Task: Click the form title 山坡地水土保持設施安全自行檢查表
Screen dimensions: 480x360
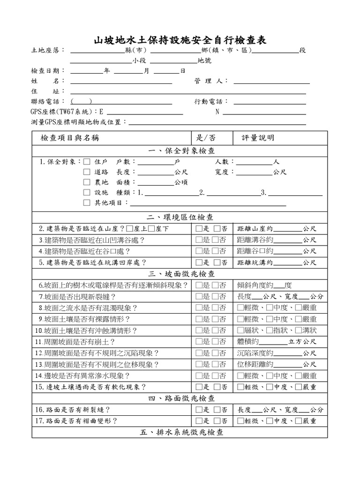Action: tap(180, 40)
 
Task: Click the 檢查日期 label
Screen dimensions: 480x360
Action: tap(45, 71)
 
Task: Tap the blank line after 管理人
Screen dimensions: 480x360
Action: tap(271, 82)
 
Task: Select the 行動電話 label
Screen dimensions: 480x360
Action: tap(210, 102)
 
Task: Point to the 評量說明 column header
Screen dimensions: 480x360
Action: tap(258, 138)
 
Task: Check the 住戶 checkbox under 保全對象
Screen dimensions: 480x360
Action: tap(86, 162)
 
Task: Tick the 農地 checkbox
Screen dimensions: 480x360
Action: tap(86, 182)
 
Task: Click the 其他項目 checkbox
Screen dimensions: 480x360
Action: tap(86, 203)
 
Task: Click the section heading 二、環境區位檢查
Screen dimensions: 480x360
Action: tap(180, 217)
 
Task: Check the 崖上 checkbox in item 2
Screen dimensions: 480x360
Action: tap(130, 229)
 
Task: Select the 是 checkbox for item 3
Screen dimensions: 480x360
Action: tap(199, 240)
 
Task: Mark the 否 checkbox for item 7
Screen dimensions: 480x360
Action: tap(216, 297)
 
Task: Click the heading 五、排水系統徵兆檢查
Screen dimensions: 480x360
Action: tap(180, 432)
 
